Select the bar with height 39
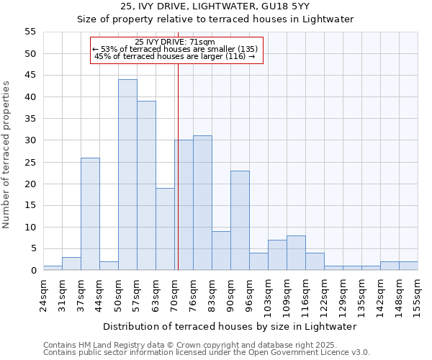(146, 186)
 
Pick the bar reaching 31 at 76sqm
(202, 203)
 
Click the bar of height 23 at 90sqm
(240, 220)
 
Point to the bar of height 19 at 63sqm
(165, 229)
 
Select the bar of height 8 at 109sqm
(296, 253)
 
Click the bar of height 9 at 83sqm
(221, 251)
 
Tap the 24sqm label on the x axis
(48, 292)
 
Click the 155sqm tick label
(422, 295)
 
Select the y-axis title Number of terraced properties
(6, 154)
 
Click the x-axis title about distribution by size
(230, 326)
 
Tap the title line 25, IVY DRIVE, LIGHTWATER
(215, 6)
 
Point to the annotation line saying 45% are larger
(175, 56)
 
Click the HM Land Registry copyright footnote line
(190, 346)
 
